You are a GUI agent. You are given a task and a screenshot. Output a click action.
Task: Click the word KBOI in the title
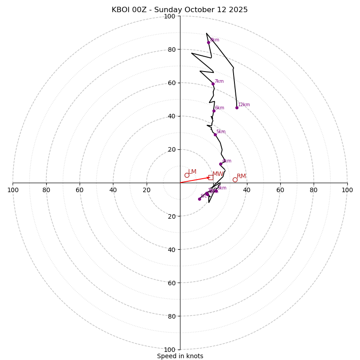(x=121, y=10)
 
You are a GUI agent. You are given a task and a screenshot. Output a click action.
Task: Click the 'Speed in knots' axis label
(x=180, y=356)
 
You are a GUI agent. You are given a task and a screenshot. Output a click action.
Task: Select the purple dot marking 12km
(x=237, y=108)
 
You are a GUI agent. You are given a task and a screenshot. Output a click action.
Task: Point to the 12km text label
(x=244, y=105)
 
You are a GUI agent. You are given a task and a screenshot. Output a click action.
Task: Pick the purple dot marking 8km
(x=208, y=42)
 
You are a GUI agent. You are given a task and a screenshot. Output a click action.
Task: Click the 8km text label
(x=215, y=40)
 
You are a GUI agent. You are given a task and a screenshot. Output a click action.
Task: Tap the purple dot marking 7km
(x=213, y=84)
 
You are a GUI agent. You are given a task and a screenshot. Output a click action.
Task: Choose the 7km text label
(x=219, y=81)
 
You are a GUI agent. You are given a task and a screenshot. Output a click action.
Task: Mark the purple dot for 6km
(x=214, y=111)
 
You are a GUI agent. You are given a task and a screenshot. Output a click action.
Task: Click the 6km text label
(x=220, y=108)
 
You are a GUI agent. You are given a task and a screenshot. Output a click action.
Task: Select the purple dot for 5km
(x=215, y=135)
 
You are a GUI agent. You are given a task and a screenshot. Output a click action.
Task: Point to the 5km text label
(x=221, y=132)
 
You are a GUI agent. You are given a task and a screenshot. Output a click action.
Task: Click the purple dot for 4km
(x=220, y=164)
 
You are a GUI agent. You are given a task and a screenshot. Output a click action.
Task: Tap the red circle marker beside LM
(x=187, y=175)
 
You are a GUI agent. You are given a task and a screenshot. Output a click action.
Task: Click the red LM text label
(x=192, y=172)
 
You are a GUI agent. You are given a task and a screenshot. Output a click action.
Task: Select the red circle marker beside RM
(x=235, y=180)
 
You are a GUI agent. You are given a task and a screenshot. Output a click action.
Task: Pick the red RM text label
(x=241, y=176)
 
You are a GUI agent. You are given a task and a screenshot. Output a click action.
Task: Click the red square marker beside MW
(x=211, y=177)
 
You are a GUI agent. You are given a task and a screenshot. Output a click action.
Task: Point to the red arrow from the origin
(x=195, y=180)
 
